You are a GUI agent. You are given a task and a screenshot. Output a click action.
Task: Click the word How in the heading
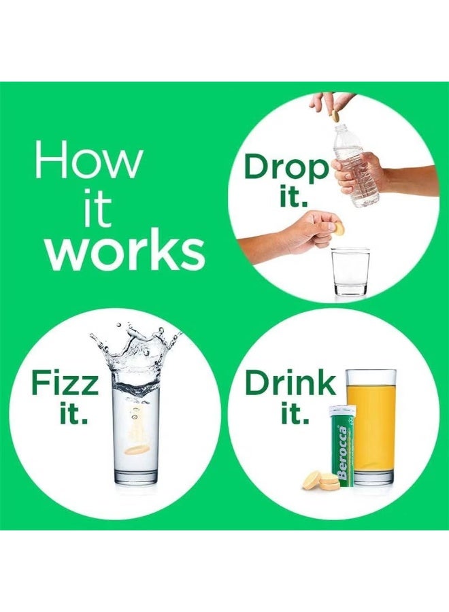point(89,160)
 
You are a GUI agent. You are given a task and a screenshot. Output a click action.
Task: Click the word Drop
point(286,167)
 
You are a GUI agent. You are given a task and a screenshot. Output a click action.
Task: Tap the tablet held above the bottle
point(335,116)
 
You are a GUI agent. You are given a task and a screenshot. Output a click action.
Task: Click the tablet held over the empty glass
point(338,229)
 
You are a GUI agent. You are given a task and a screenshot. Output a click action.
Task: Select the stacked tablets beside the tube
point(319,480)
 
